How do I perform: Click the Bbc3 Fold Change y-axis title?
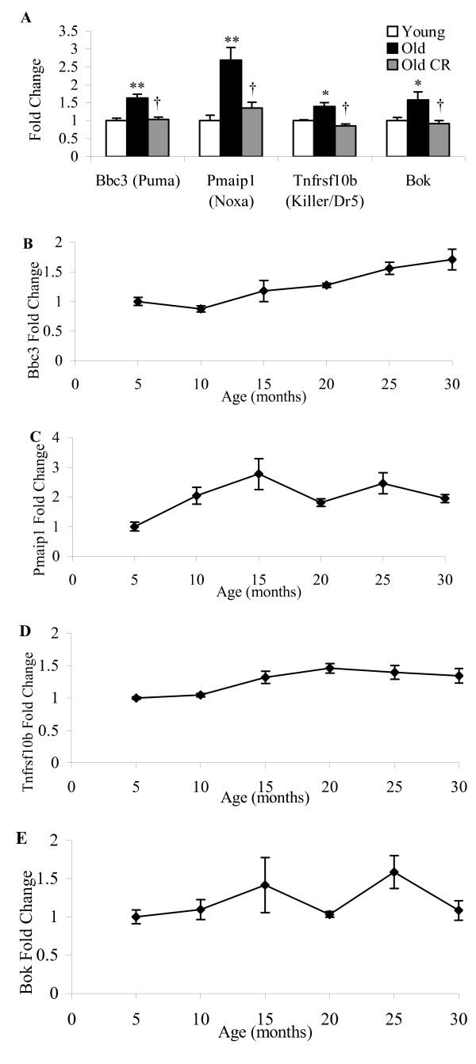[33, 302]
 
